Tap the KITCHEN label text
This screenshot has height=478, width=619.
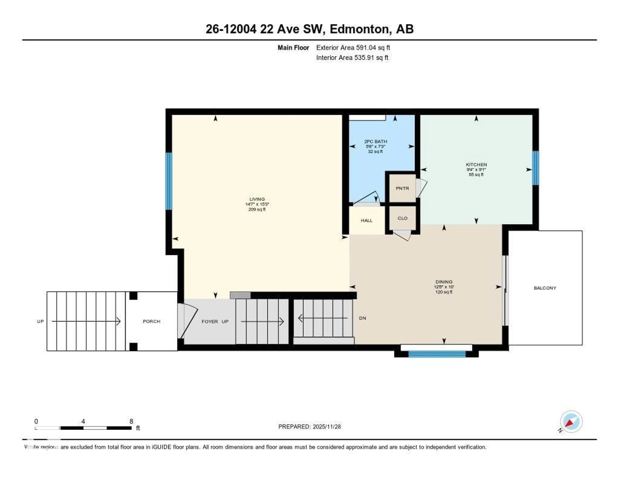coord(476,165)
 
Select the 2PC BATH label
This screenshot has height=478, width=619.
coord(376,141)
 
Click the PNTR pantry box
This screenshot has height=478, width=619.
coord(402,188)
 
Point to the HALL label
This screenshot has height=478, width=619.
coord(366,220)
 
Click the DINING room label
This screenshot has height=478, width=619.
coord(444,282)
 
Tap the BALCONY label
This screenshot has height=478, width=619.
coord(545,288)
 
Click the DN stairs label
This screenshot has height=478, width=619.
coord(363,318)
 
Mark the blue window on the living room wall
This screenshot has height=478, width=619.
coord(169,181)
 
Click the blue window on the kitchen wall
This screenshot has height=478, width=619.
coord(535,168)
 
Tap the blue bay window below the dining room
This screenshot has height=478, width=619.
coord(437,354)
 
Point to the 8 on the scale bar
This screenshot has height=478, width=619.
coord(131,421)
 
